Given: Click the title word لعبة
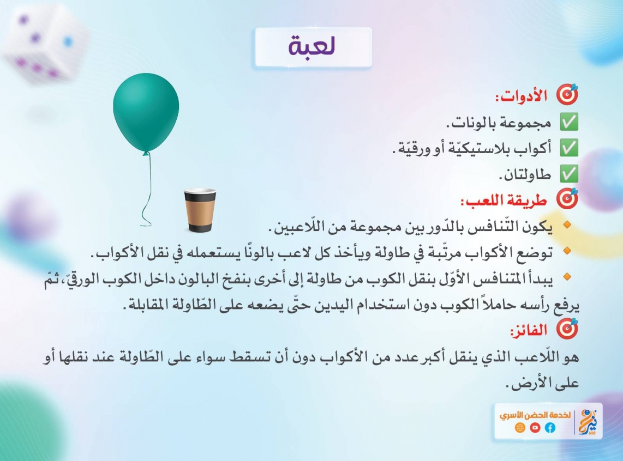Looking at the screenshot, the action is (x=312, y=46).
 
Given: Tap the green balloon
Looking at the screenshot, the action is (x=146, y=112).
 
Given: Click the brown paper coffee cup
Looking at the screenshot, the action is (x=200, y=210).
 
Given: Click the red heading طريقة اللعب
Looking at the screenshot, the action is (x=504, y=201).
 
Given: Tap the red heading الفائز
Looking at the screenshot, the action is (x=529, y=330).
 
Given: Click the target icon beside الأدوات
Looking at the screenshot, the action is (x=567, y=94).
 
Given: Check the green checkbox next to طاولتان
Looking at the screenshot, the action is (x=569, y=174).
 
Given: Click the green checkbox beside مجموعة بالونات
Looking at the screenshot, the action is (x=569, y=122).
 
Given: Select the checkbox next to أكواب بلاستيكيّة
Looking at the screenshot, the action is (x=569, y=148).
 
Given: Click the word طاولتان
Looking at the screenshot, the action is (x=525, y=174).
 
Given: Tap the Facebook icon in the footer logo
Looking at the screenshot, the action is (x=550, y=428).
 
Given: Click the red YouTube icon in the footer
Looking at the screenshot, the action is (x=535, y=428).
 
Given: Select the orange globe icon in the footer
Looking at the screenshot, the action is (x=520, y=428).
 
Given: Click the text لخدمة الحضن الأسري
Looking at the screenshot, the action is (x=535, y=415).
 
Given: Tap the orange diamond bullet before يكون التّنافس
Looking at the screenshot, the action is (x=567, y=225).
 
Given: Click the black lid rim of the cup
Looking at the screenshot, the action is (x=200, y=192).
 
